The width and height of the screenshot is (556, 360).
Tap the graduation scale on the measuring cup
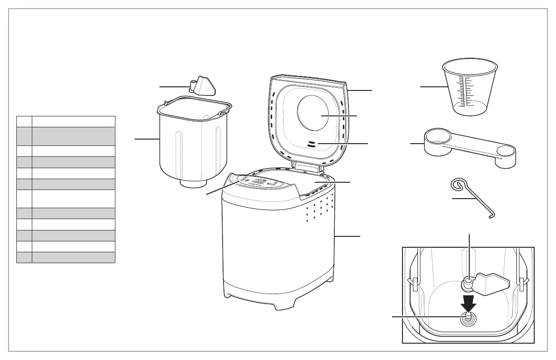(462, 91)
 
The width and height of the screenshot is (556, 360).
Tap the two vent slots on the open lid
(311, 144)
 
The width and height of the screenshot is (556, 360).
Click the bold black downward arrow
(468, 302)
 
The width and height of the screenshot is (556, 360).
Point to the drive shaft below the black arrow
(467, 319)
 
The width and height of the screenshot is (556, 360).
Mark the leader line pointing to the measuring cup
(432, 86)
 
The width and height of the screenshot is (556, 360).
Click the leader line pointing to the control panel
(222, 188)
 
